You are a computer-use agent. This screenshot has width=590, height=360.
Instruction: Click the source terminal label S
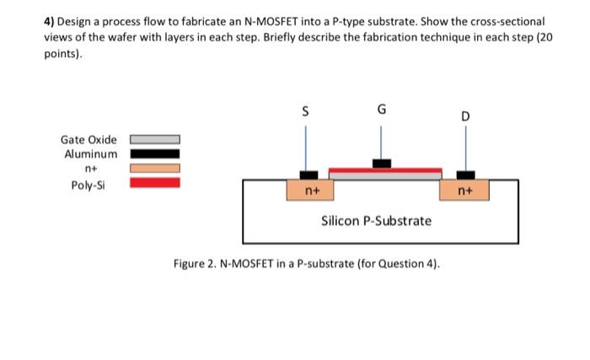point(306,109)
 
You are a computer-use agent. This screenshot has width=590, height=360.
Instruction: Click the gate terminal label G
point(382,109)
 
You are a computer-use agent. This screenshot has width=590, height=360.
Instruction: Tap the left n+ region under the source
point(311,191)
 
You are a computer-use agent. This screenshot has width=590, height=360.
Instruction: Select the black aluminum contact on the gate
point(382,163)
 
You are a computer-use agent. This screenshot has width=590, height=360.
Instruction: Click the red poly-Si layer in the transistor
point(384,169)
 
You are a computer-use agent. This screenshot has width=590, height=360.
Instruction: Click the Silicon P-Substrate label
point(376,221)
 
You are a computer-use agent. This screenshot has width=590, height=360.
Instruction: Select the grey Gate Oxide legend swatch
point(154,139)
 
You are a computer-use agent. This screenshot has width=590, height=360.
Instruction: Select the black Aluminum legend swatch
point(154,153)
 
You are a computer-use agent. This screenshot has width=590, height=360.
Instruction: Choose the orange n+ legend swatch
point(154,168)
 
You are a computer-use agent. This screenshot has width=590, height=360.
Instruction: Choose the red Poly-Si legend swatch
point(154,182)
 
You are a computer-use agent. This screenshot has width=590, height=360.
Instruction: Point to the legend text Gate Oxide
point(88,139)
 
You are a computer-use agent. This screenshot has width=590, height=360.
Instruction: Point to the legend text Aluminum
point(91,153)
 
